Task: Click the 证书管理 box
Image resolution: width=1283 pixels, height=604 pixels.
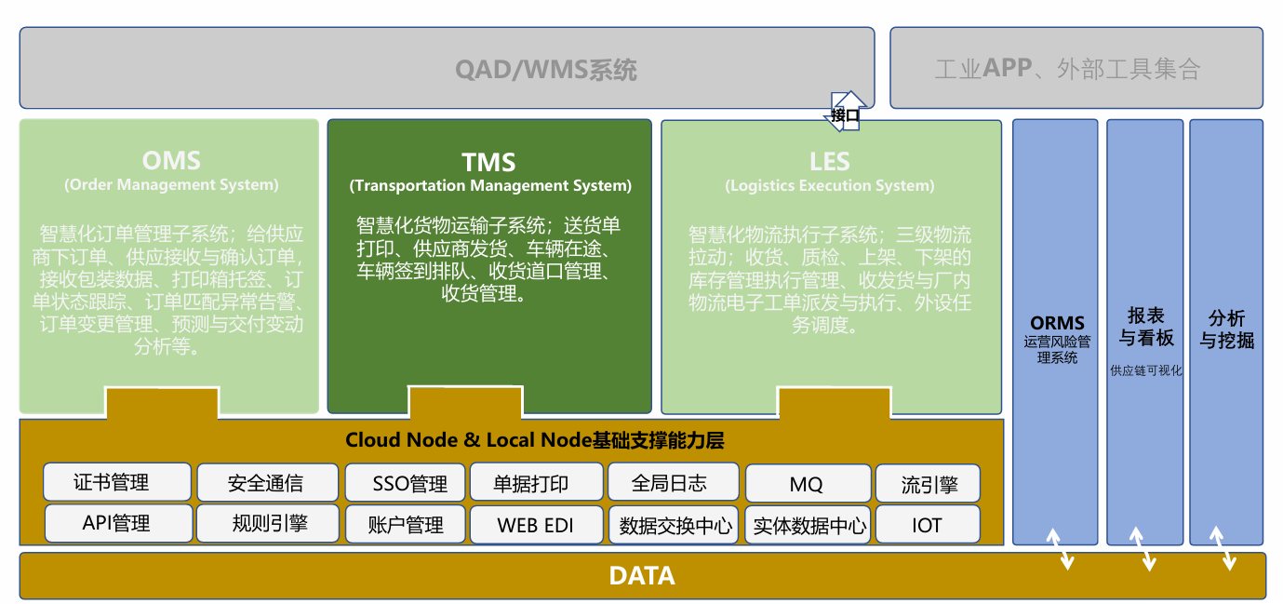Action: point(117,482)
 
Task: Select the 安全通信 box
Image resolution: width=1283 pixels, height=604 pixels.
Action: point(265,483)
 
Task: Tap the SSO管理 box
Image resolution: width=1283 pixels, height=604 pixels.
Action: point(406,483)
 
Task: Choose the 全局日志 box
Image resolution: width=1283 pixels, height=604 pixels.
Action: point(673,482)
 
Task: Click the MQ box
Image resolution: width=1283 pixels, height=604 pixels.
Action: point(807,484)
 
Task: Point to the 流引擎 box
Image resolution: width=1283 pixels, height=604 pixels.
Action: point(928,484)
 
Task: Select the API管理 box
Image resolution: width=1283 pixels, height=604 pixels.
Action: point(118,523)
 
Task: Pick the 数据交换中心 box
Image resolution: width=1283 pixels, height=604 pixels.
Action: point(675,524)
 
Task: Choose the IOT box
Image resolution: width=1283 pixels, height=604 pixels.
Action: point(928,524)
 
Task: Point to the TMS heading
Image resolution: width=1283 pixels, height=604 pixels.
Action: point(489,163)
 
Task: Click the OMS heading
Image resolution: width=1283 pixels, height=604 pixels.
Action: point(171,161)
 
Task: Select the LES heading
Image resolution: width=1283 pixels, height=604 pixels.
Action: point(829,162)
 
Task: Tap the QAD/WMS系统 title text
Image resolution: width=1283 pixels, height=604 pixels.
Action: point(546,70)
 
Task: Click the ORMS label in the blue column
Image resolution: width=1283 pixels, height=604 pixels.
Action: point(1057,324)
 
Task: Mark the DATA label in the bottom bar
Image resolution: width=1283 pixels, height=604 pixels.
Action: point(642,576)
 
